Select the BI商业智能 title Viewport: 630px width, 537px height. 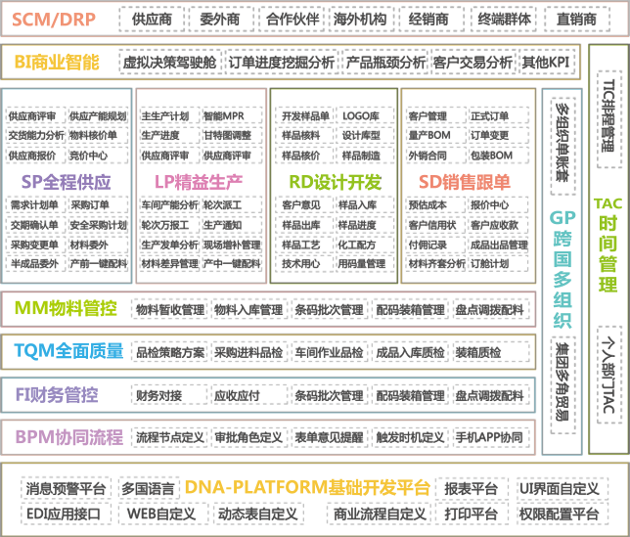click(58, 62)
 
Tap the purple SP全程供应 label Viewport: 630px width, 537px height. click(67, 182)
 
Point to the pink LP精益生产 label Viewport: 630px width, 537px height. click(199, 182)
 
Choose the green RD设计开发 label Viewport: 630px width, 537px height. click(335, 182)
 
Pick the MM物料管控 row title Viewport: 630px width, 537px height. click(66, 309)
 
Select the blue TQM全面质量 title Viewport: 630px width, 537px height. click(68, 350)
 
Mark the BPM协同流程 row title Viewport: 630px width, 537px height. click(67, 435)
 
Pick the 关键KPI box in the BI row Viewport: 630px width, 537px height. click(548, 62)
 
